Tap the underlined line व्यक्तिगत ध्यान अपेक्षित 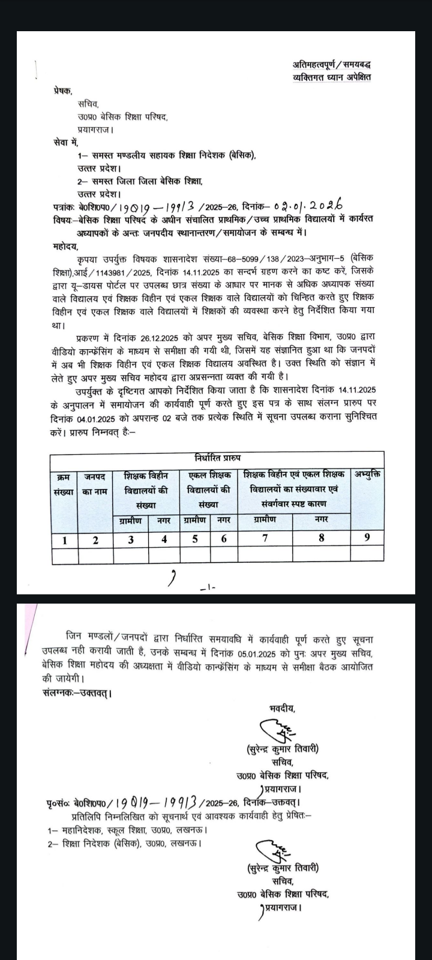click(331, 77)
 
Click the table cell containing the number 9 click(367, 538)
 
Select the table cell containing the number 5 click(195, 538)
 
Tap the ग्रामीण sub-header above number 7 click(265, 519)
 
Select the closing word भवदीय click(281, 709)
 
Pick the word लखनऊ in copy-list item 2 click(188, 843)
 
